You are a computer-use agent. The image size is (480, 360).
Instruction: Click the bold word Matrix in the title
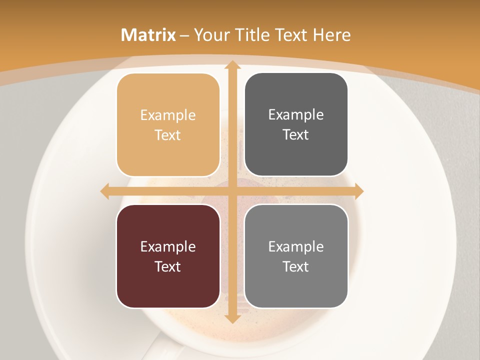coord(148,35)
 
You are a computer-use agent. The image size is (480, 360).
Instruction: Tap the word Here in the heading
coord(331,35)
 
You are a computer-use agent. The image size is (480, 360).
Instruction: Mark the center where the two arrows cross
coord(232,191)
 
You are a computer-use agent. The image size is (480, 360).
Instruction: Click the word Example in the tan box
coord(168,115)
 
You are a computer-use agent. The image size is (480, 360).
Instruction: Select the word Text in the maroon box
coord(168,266)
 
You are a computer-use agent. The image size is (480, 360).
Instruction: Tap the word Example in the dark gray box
coord(296,115)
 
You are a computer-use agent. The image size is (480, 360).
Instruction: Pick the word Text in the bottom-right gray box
coord(296,266)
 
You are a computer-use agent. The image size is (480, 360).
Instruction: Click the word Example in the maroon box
coord(168,246)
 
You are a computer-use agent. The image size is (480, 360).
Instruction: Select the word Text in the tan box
coord(168,135)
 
